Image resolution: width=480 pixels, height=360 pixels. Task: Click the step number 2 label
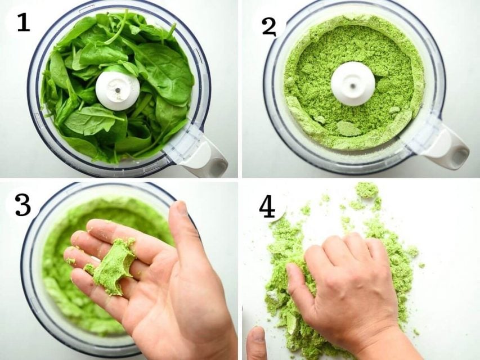269,25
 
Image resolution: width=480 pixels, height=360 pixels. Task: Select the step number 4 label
267,208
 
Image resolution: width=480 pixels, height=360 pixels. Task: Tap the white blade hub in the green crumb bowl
352,84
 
